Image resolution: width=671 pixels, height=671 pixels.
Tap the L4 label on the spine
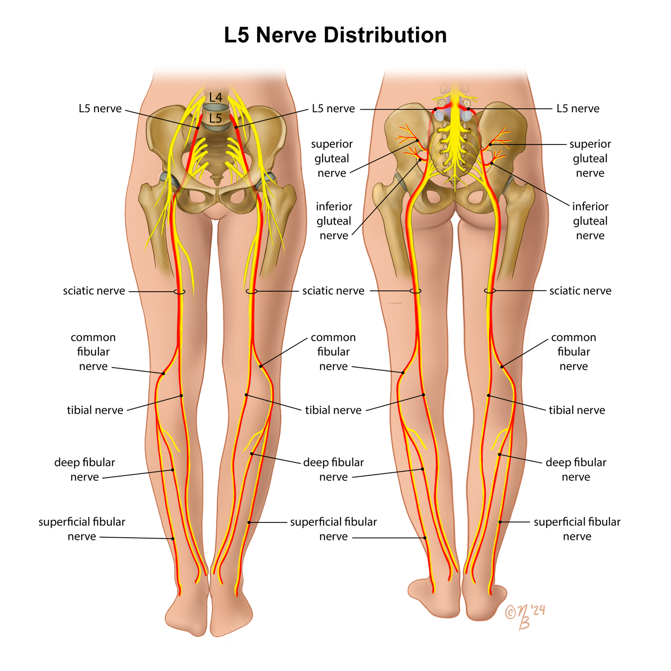point(216,97)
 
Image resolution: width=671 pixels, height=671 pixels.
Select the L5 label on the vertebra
point(216,119)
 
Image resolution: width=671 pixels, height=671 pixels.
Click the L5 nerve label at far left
point(100,109)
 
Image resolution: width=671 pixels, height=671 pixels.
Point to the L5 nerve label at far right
point(578,109)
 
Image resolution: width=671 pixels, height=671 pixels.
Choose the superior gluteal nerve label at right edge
point(590,158)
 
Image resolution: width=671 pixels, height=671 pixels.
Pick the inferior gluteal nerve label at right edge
point(590,221)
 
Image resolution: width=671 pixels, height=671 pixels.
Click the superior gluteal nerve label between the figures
point(332,158)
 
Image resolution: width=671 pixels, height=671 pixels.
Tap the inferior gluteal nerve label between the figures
point(334,221)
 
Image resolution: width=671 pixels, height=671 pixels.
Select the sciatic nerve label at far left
point(94,291)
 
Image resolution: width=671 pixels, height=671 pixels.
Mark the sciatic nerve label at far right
point(580,291)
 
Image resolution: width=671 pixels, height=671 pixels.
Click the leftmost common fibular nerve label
point(93,352)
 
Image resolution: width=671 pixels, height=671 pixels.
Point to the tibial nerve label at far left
point(95,410)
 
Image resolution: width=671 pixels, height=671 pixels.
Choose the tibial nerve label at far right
point(577,410)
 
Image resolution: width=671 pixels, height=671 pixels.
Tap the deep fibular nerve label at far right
point(576,469)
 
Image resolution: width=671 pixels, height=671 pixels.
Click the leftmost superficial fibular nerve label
point(82,529)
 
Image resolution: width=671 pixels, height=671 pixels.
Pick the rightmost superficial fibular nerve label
point(577,529)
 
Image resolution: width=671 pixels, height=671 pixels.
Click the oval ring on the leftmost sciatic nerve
point(179,292)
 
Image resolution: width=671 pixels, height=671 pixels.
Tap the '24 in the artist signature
point(537,610)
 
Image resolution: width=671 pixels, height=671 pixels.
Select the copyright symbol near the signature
point(511,612)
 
